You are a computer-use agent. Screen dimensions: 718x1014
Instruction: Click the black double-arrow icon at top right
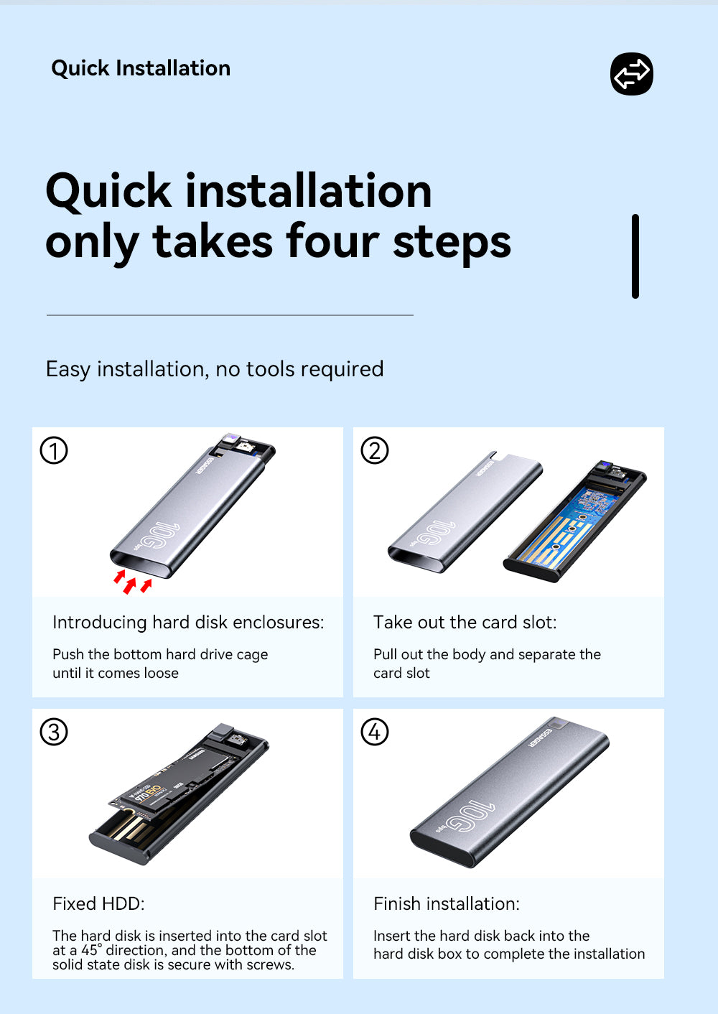(x=632, y=74)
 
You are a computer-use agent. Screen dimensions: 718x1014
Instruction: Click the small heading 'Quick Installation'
(x=141, y=68)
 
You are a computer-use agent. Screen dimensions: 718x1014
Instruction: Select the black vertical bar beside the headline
(x=635, y=256)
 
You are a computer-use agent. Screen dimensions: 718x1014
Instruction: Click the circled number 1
(x=54, y=450)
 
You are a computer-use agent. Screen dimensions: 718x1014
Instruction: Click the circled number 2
(x=374, y=450)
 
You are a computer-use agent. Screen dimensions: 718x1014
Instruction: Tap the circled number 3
(x=54, y=732)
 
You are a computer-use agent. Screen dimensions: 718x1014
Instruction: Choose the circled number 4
(x=374, y=732)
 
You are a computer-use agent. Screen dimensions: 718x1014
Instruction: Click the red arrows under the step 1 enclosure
(x=132, y=582)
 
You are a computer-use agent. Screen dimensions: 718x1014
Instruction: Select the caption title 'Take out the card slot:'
(x=465, y=623)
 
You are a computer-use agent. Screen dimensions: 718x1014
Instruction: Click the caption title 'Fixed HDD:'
(x=98, y=904)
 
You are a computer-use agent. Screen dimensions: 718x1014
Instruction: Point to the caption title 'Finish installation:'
(x=447, y=904)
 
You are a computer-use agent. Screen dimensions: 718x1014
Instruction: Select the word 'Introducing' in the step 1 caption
(x=100, y=623)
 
